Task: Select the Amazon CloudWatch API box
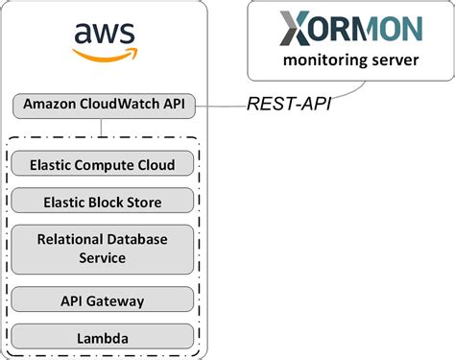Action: [103, 104]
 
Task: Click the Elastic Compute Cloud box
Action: [103, 165]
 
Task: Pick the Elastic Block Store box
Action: [103, 202]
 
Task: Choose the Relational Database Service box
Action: [103, 249]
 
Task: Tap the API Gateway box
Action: [103, 301]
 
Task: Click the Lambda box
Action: [103, 338]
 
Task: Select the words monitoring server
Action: [350, 61]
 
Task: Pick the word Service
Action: [103, 258]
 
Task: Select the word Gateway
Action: [114, 301]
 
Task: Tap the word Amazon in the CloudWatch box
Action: [49, 104]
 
